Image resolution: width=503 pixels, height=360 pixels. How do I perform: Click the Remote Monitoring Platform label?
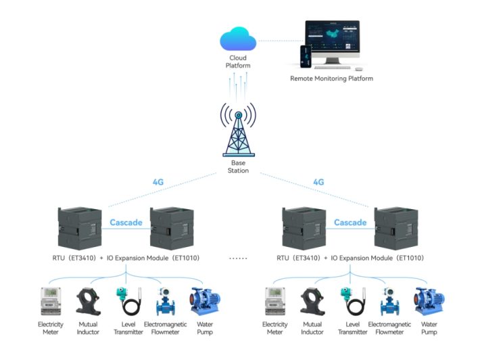[331, 78]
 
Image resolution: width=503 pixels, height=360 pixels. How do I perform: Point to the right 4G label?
[318, 182]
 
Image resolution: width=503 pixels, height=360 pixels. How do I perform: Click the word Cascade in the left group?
[125, 223]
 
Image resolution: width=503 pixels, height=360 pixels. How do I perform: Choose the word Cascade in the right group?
[350, 223]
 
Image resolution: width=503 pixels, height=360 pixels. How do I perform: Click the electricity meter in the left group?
[51, 302]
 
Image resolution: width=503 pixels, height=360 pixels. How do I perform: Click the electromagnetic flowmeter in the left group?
[164, 302]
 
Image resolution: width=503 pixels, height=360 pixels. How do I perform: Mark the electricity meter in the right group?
[275, 302]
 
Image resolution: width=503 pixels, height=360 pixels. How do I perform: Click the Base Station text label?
[238, 166]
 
